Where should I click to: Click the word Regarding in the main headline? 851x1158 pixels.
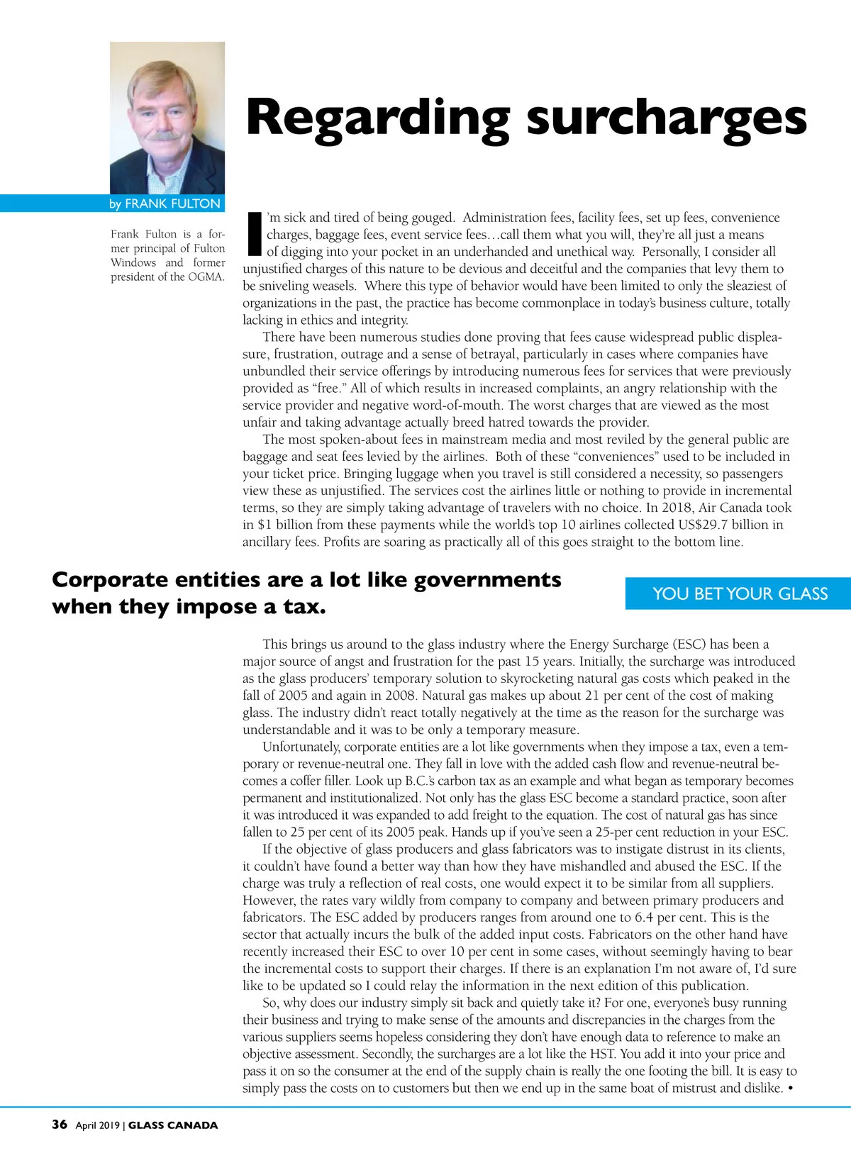pos(377,118)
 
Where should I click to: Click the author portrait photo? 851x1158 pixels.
pos(167,118)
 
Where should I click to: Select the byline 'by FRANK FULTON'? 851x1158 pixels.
pos(165,204)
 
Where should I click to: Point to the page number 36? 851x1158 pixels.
pos(60,1125)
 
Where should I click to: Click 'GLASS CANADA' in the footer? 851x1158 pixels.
pos(173,1125)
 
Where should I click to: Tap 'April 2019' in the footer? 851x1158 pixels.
pos(98,1125)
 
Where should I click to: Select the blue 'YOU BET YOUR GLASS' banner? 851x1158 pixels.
pos(740,594)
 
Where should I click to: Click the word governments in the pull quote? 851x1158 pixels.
pos(487,580)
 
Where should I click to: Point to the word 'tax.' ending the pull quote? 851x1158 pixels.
pos(304,607)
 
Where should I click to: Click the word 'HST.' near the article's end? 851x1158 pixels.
pos(600,1054)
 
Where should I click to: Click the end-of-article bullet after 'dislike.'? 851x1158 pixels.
pos(790,1088)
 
